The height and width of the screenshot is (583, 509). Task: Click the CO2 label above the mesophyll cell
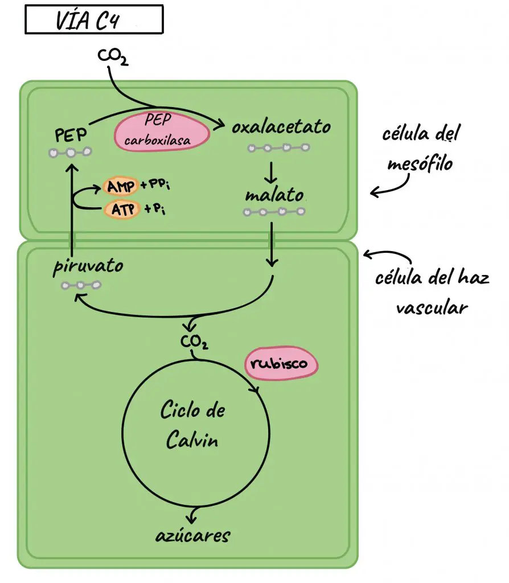coord(113,56)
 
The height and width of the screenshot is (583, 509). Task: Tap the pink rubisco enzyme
coord(281,363)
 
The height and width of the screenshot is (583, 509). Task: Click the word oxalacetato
coord(281,127)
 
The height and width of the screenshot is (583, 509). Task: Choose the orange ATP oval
coord(120,209)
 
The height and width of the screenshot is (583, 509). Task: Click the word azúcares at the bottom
coord(193,535)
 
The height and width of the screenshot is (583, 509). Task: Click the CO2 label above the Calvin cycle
coord(194,343)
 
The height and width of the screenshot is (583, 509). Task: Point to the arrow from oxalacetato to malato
coord(272,170)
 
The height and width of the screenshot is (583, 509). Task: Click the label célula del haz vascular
coord(432,293)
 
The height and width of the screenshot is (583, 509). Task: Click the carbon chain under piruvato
coord(81,285)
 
